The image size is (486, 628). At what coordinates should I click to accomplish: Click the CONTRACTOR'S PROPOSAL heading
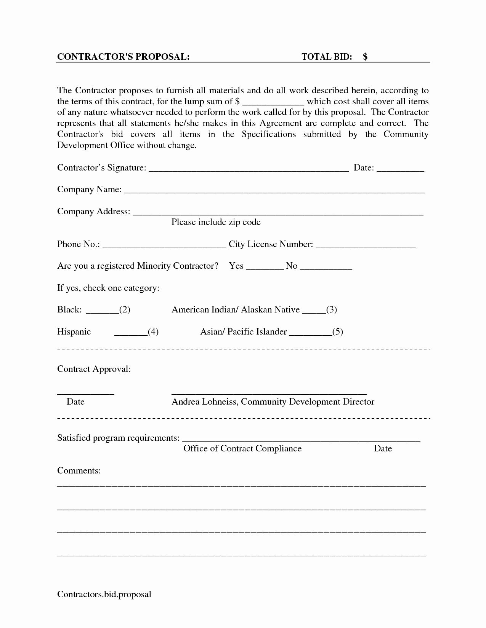(123, 57)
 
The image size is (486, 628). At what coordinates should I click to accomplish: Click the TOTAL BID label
(326, 57)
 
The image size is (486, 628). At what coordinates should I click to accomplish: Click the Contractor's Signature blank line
(248, 170)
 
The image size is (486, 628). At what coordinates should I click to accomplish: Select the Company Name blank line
(274, 192)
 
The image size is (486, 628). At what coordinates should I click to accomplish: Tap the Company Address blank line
(278, 214)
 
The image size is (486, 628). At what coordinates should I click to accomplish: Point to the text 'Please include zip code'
(216, 222)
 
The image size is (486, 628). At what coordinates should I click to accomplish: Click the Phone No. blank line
(164, 246)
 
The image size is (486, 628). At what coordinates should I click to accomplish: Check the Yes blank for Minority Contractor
(265, 268)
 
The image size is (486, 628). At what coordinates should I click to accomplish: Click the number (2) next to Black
(125, 310)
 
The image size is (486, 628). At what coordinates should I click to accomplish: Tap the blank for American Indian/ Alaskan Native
(314, 312)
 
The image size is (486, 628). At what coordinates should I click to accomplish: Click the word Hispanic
(74, 332)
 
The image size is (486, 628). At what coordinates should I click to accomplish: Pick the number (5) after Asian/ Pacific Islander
(337, 332)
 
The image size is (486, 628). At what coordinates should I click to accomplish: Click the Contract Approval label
(94, 369)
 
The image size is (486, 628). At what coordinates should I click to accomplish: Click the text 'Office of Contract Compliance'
(242, 449)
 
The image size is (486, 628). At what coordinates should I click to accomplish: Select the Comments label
(79, 471)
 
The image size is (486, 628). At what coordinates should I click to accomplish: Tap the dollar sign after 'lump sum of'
(237, 102)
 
